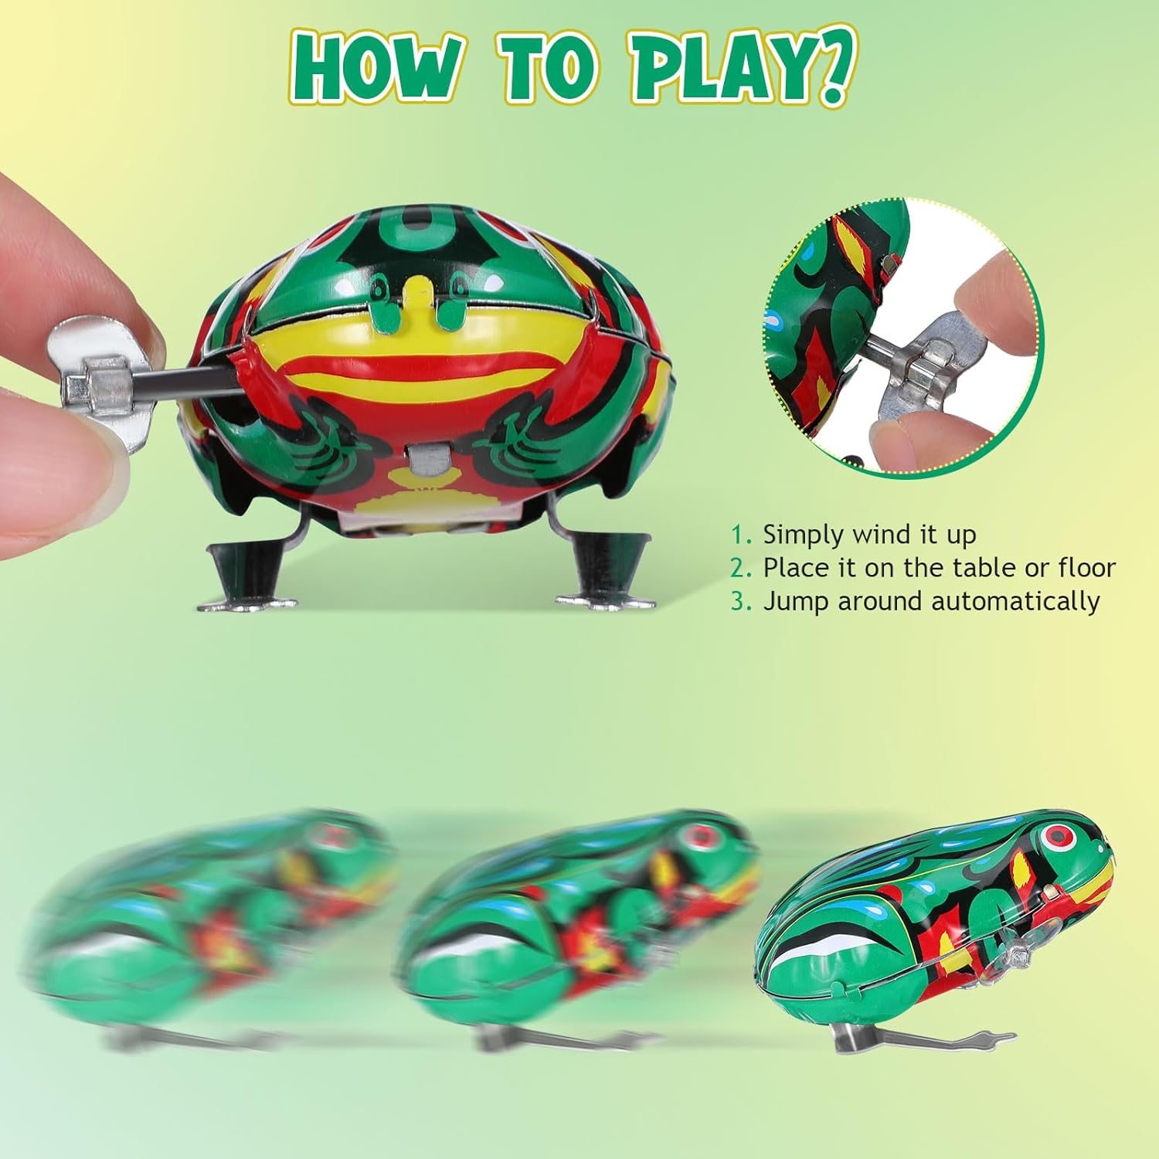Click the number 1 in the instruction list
(740, 535)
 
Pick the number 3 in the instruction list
(740, 601)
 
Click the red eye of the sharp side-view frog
(1054, 837)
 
